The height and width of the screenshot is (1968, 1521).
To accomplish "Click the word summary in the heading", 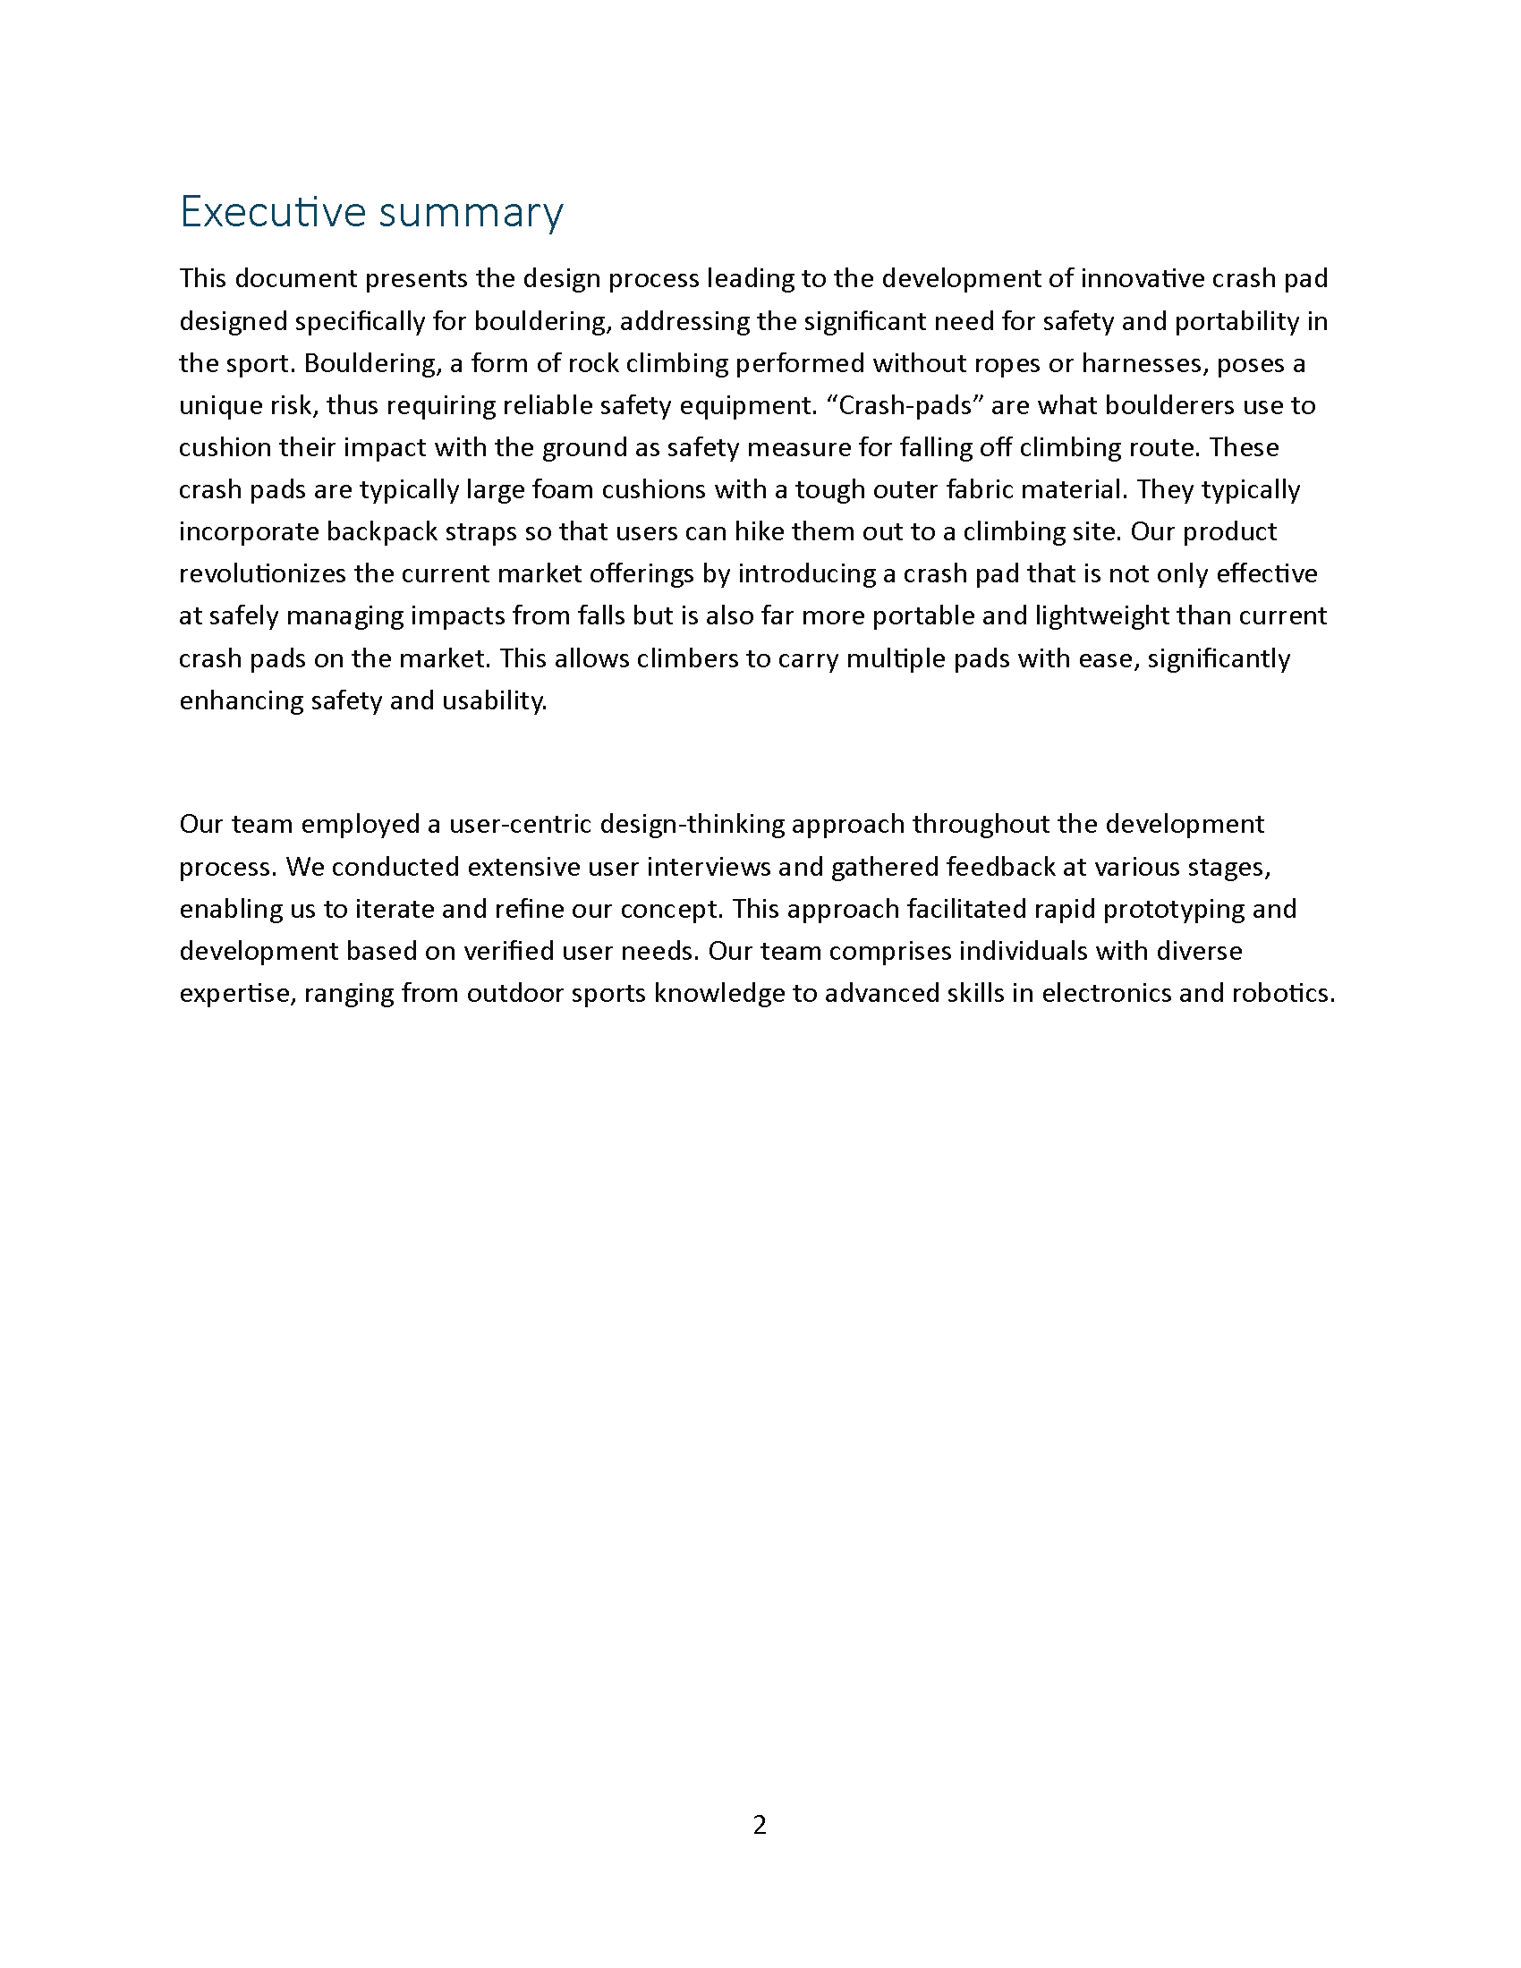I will (x=471, y=214).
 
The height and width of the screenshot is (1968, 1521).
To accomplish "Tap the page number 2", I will (x=760, y=1825).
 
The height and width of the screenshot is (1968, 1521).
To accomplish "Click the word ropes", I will (x=1007, y=363).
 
